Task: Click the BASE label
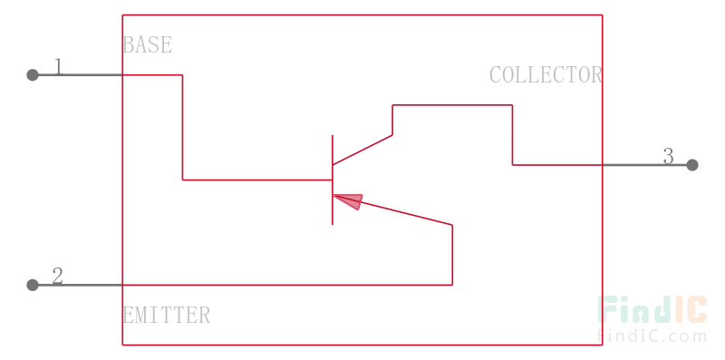[x=148, y=44]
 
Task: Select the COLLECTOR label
[x=546, y=75]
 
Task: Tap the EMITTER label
[x=167, y=316]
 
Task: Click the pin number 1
[x=58, y=66]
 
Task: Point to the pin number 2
[x=57, y=277]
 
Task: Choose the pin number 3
[x=669, y=156]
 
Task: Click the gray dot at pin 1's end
[x=33, y=75]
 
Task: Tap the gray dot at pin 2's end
[x=33, y=285]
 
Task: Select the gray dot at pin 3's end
[x=692, y=165]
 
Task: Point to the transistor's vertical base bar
[x=333, y=180]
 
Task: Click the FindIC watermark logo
[x=652, y=309]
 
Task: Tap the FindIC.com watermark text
[x=652, y=336]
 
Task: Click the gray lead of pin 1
[x=77, y=75]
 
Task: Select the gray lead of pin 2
[x=77, y=285]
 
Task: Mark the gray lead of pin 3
[x=647, y=165]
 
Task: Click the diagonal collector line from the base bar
[x=362, y=150]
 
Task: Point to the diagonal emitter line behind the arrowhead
[x=406, y=213]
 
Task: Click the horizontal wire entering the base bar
[x=257, y=180]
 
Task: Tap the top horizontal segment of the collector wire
[x=452, y=105]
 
